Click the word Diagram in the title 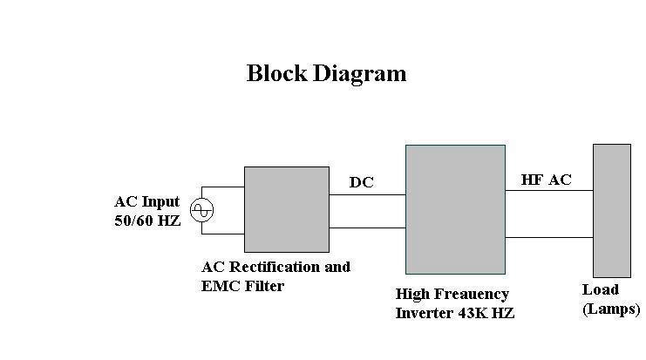pos(358,74)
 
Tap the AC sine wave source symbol pos(202,210)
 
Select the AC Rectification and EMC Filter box pos(286,209)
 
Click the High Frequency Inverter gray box pos(455,209)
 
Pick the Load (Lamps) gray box pos(611,210)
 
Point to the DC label pos(363,182)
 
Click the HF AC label pos(547,180)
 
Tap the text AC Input pos(146,202)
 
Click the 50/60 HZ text pos(147,221)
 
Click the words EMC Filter pos(242,286)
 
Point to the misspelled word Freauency pos(476,295)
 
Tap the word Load pos(600,289)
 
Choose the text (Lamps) pos(611,309)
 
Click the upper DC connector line pos(367,194)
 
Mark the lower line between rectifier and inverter pos(367,228)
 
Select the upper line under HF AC pos(549,191)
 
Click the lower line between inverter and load pos(549,236)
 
